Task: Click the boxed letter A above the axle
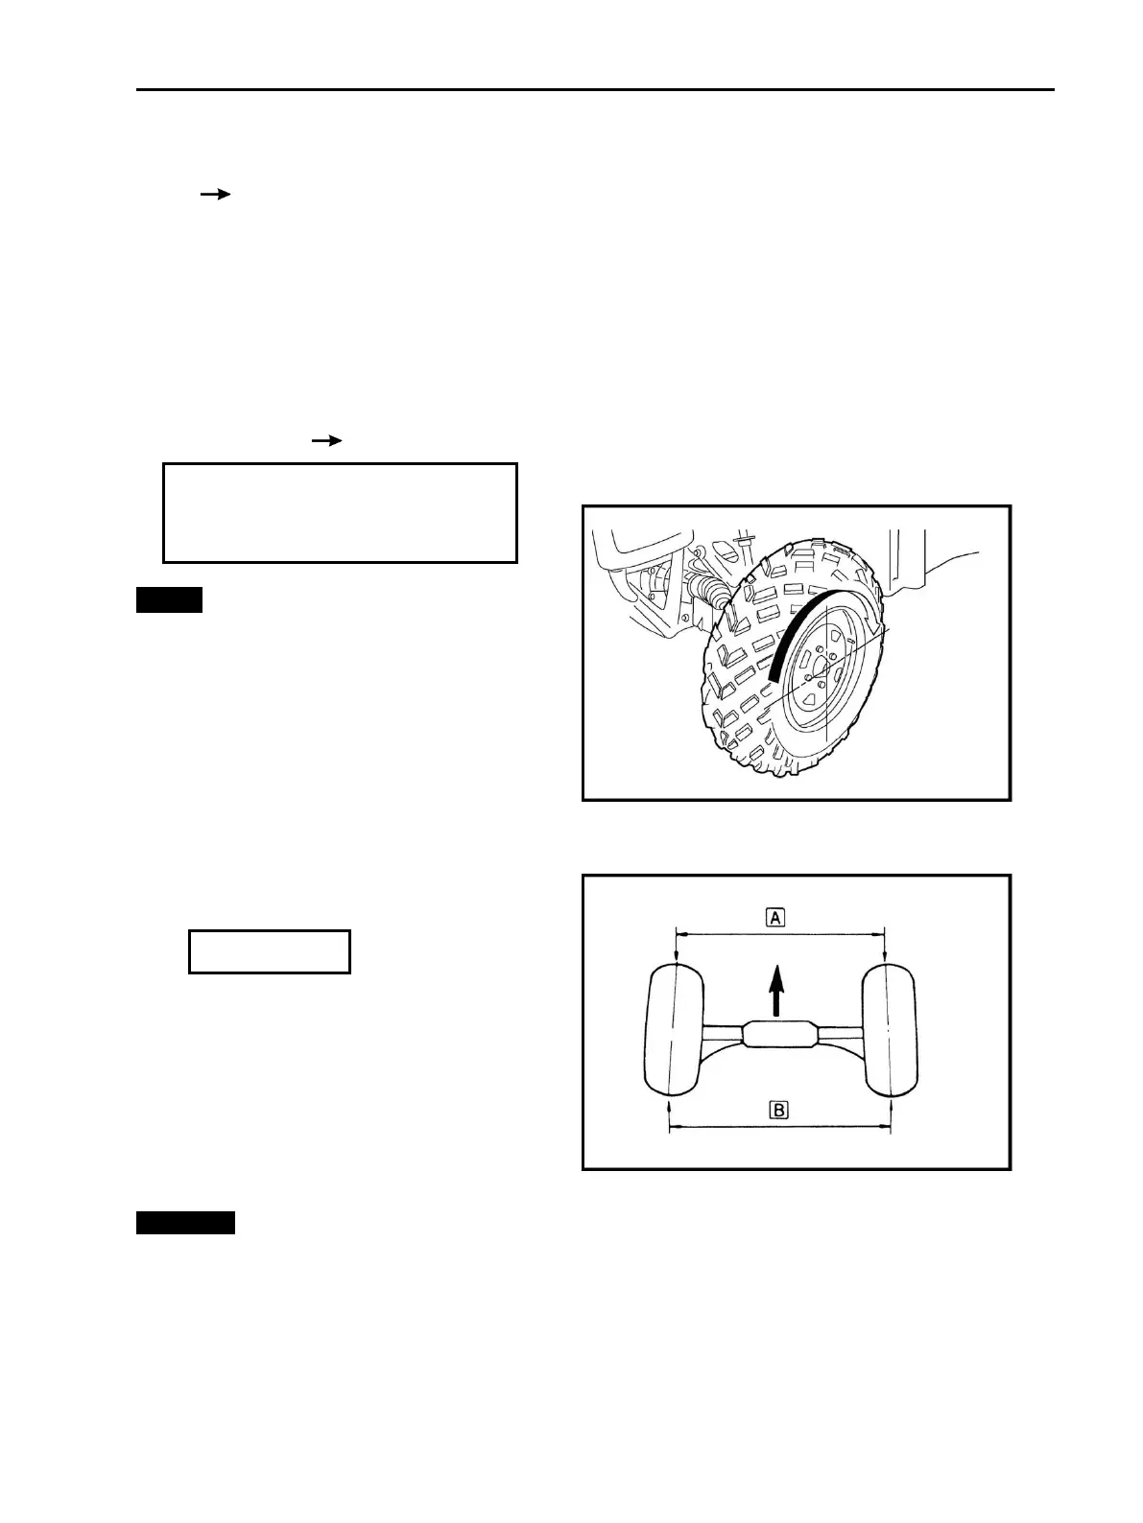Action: point(775,918)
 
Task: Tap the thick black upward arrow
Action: point(776,990)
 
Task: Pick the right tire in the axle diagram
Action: point(890,1031)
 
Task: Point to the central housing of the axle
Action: point(779,1036)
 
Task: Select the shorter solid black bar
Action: point(169,600)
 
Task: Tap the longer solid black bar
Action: point(185,1222)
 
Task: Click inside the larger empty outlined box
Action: point(340,512)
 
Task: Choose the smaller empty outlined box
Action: point(269,951)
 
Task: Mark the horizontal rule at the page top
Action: point(595,90)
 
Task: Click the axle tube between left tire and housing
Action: point(722,1034)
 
